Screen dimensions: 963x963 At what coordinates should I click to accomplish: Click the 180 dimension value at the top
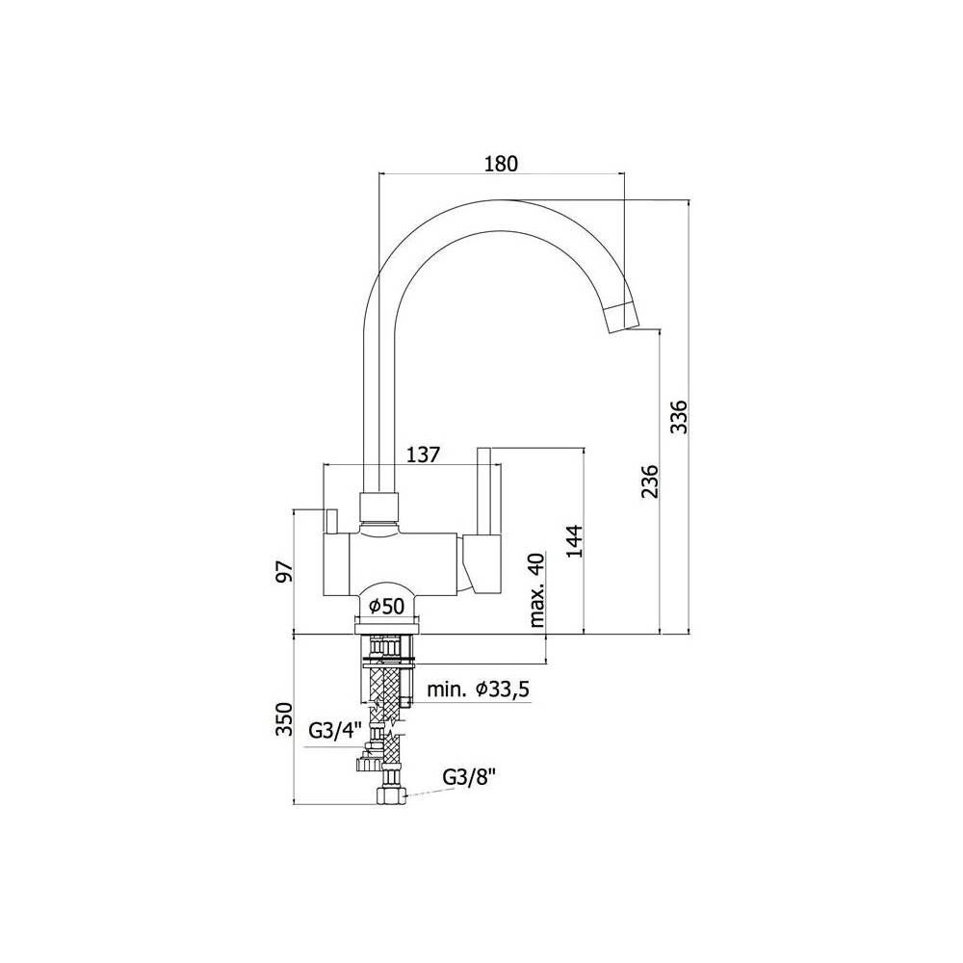[501, 164]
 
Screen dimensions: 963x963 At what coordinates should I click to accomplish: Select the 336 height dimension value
[679, 417]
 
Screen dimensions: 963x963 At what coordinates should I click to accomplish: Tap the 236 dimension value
[650, 481]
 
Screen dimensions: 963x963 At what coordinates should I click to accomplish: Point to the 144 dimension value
[574, 540]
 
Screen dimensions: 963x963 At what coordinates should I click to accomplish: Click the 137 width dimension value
[424, 455]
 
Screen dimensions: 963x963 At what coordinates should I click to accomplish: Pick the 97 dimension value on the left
[285, 570]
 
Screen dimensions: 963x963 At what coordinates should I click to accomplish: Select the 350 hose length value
[285, 718]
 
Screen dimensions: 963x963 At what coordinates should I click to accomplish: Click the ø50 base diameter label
[387, 607]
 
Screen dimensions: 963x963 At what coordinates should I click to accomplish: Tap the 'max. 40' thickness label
[536, 590]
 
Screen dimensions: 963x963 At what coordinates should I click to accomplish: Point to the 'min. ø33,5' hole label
[478, 690]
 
